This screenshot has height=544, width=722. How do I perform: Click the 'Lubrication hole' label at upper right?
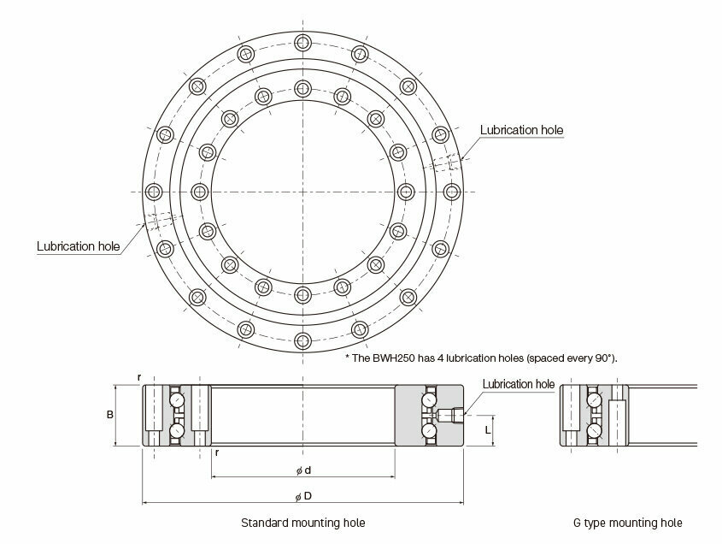(521, 130)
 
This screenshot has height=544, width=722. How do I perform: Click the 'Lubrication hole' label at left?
(79, 246)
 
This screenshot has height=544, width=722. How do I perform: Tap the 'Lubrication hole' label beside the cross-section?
(519, 384)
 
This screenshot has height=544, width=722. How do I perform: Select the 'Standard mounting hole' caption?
(303, 523)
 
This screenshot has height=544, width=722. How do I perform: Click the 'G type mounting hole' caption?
(628, 523)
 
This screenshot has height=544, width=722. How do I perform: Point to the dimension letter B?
(109, 415)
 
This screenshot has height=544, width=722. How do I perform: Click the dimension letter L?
(488, 430)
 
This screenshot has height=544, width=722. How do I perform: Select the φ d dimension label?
(303, 470)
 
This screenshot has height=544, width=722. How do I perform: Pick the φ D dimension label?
(303, 496)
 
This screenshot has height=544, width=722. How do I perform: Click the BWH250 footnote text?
(481, 358)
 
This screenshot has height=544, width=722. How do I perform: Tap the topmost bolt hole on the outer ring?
(302, 43)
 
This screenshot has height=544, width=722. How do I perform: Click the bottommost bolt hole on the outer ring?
(302, 341)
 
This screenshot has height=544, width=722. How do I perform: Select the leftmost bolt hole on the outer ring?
(153, 192)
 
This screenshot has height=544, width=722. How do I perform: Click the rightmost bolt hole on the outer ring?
(452, 192)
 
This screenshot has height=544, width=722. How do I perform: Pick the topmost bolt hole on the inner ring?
(302, 88)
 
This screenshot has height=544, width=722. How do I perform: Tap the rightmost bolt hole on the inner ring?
(406, 192)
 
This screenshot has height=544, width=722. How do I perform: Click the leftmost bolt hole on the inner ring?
(199, 192)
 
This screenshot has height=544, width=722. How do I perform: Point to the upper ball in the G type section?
(594, 399)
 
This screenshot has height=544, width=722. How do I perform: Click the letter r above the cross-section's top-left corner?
(139, 377)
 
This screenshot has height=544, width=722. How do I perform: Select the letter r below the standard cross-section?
(217, 452)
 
